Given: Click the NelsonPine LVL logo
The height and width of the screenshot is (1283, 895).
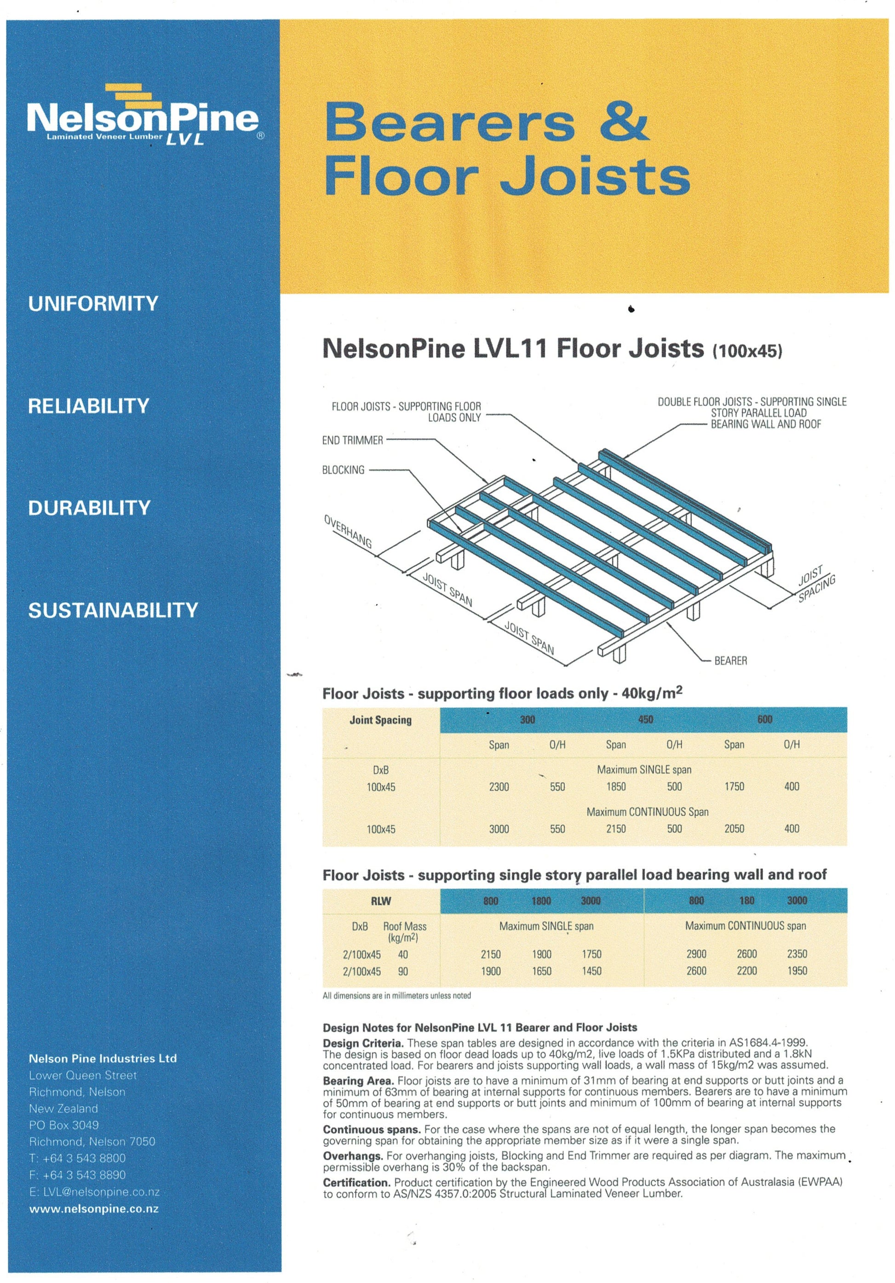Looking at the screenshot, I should click(143, 116).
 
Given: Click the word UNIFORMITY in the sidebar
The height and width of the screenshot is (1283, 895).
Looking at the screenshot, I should click(93, 303).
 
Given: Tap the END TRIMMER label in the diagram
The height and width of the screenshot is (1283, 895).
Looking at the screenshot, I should click(352, 441).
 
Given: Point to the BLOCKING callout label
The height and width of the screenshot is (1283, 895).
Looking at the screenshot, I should click(343, 470).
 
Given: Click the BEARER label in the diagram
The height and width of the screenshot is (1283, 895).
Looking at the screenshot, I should click(730, 661).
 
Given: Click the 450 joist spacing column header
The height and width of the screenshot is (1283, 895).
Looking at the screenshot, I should click(645, 719).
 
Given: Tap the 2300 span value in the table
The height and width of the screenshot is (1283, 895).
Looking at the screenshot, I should click(499, 787).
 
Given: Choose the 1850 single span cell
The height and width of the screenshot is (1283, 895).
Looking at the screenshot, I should click(616, 787).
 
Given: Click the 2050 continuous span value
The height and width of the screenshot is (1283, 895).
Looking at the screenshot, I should click(734, 829).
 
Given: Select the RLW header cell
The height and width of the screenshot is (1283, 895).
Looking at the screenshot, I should click(381, 901).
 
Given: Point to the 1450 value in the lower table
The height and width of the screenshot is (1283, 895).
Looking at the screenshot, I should click(591, 971).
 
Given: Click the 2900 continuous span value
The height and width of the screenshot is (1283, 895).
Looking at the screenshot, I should click(696, 954).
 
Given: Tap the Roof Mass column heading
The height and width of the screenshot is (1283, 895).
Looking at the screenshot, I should click(404, 931).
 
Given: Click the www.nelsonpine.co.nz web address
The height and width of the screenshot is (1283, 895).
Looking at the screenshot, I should click(94, 1209).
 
